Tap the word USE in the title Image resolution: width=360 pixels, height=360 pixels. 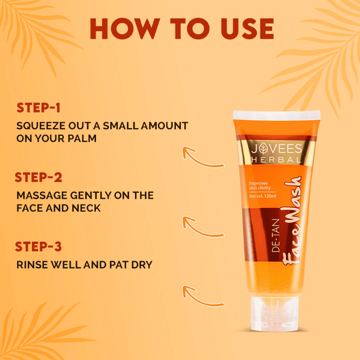pyautogui.click(x=247, y=28)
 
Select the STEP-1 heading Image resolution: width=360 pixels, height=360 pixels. pyautogui.click(x=38, y=108)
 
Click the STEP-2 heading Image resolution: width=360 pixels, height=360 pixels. pyautogui.click(x=38, y=177)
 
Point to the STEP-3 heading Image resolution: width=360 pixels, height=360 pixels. pyautogui.click(x=38, y=246)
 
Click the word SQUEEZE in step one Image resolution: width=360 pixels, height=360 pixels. pyautogui.click(x=41, y=126)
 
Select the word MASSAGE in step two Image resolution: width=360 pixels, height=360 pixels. pyautogui.click(x=42, y=195)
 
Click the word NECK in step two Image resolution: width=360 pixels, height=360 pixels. pyautogui.click(x=86, y=208)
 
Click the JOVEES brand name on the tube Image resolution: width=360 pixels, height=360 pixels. pyautogui.click(x=276, y=148)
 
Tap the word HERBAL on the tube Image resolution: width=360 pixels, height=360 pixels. pyautogui.click(x=276, y=160)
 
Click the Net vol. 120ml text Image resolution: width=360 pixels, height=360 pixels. pyautogui.click(x=263, y=196)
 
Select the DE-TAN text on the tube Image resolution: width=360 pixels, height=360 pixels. pyautogui.click(x=276, y=236)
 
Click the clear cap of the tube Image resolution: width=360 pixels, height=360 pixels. pyautogui.click(x=275, y=314)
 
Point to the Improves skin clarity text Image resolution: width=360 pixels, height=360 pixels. pyautogui.click(x=260, y=185)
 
